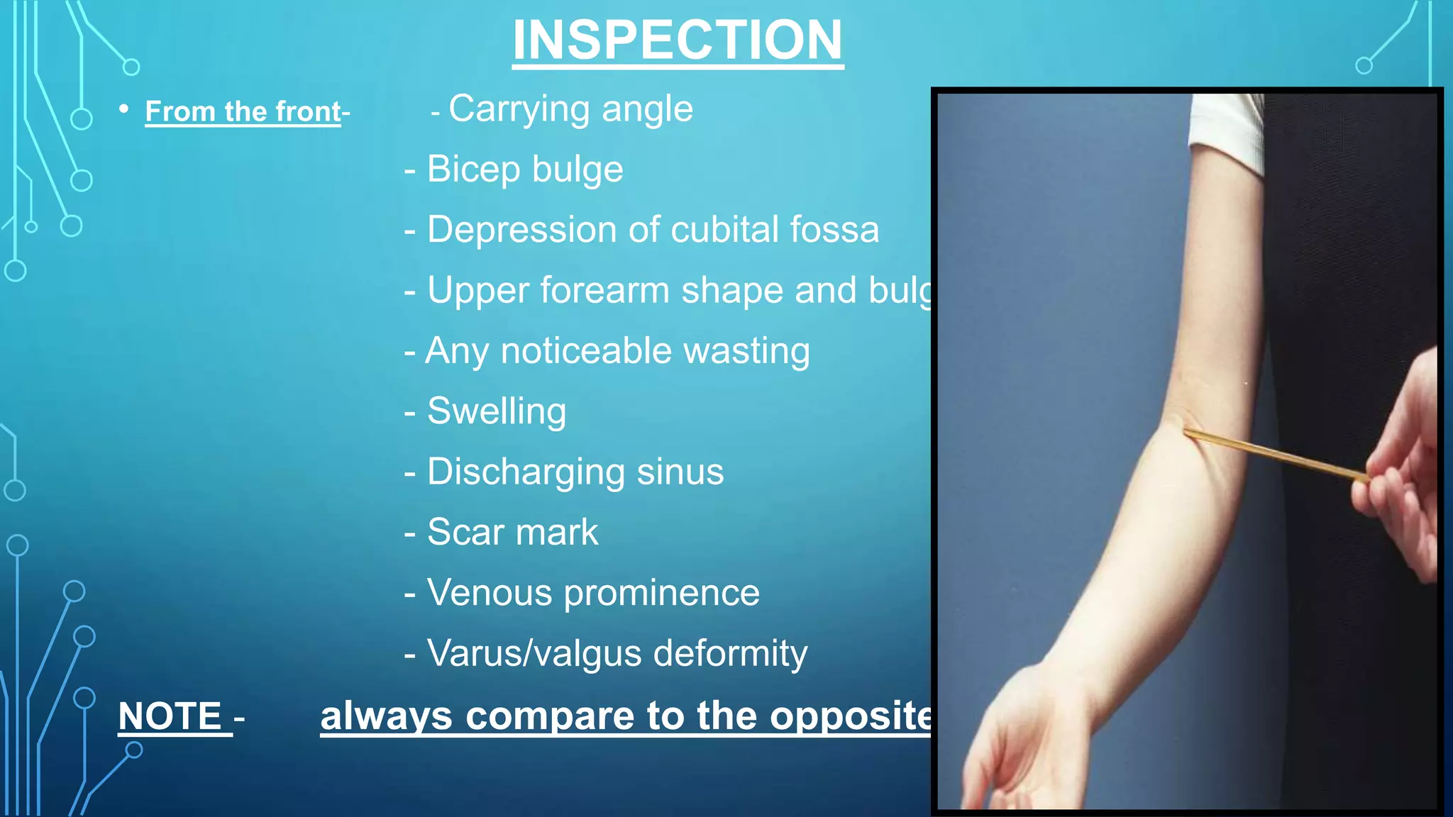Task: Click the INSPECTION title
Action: [x=678, y=40]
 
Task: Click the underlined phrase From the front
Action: [x=243, y=112]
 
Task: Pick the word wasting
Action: [x=746, y=351]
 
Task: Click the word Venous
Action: [x=489, y=593]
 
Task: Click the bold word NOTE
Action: [x=171, y=716]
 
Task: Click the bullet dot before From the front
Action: [x=124, y=109]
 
